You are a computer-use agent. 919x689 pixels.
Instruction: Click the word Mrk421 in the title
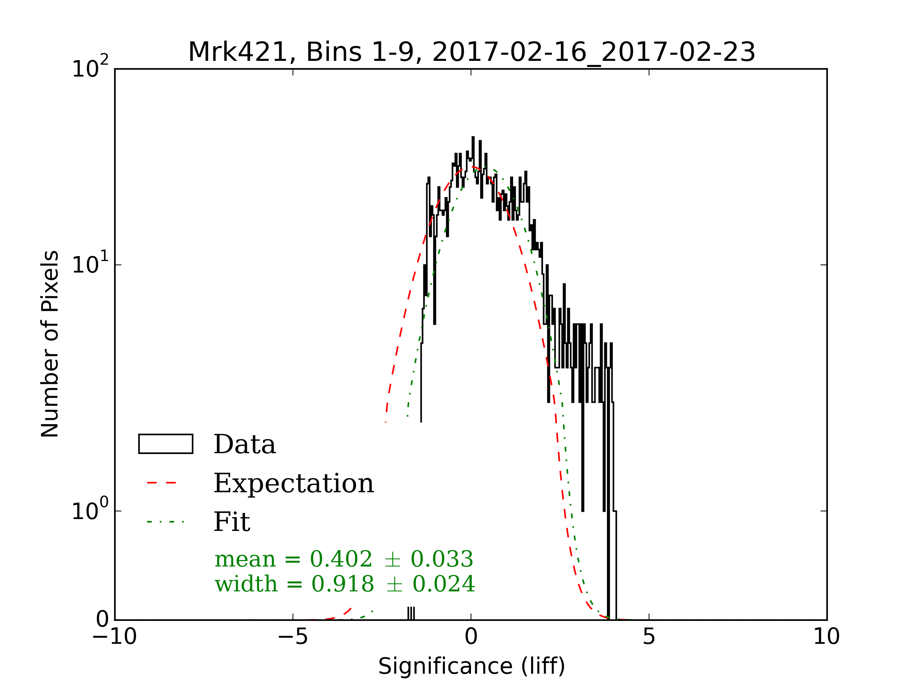238,52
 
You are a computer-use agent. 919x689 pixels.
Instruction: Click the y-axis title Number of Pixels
50,344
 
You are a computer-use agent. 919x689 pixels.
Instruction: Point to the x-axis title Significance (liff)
471,666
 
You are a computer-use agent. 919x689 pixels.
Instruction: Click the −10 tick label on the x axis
114,637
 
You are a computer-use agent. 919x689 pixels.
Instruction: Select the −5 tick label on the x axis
293,637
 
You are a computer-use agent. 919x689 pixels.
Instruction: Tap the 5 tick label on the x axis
649,637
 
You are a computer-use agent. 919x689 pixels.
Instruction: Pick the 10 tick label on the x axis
826,637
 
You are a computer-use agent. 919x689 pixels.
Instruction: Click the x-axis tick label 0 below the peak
471,637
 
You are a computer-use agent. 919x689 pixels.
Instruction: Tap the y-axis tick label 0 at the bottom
102,620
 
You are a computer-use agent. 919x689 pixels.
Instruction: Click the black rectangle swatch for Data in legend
165,444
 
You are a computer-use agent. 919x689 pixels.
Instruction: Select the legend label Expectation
294,483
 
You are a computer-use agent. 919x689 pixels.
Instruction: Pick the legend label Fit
232,522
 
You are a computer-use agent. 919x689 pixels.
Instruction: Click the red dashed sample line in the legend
162,483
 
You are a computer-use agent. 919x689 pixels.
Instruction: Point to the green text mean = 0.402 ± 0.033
343,559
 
